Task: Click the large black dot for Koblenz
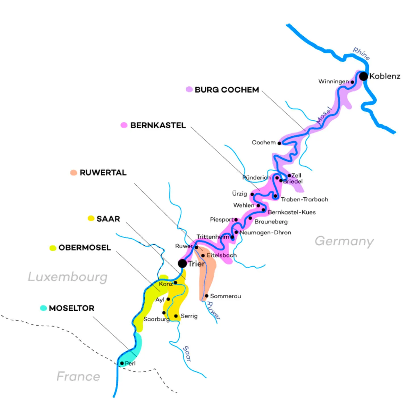(363, 76)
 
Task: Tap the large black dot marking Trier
(182, 263)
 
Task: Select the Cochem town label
(264, 142)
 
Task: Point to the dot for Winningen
(352, 82)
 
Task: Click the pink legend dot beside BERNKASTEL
(124, 125)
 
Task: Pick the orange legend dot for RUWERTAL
(74, 172)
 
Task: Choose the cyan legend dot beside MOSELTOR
(43, 308)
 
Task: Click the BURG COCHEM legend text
(227, 90)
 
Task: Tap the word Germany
(344, 241)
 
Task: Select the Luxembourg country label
(68, 277)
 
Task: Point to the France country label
(78, 376)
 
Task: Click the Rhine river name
(361, 53)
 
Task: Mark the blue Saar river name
(187, 353)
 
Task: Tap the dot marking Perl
(122, 363)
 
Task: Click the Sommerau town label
(226, 296)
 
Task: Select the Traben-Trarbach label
(304, 199)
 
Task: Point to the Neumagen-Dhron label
(265, 232)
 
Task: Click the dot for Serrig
(176, 316)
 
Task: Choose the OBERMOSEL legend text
(85, 248)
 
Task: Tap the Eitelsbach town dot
(203, 255)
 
